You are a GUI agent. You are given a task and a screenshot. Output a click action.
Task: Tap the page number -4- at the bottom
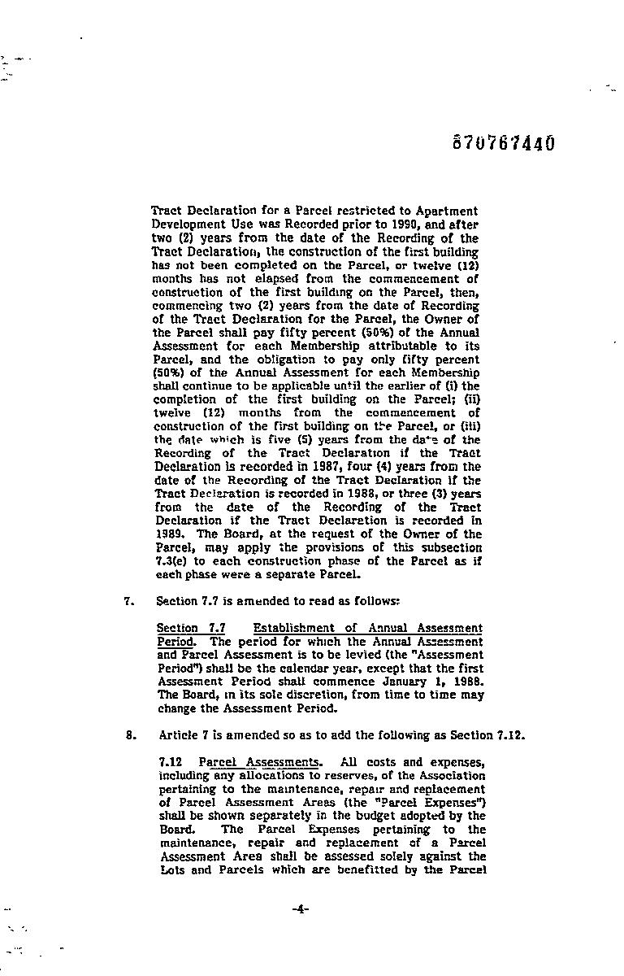(x=300, y=909)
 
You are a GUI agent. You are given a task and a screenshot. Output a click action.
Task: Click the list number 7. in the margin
(x=128, y=601)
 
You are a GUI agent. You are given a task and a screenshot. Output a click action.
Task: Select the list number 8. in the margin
(x=130, y=735)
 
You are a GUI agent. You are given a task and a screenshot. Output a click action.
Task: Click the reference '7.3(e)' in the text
(x=172, y=561)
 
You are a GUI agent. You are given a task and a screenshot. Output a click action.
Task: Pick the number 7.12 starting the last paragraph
(x=171, y=762)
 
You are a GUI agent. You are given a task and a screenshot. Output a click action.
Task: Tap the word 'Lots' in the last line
(x=173, y=869)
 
